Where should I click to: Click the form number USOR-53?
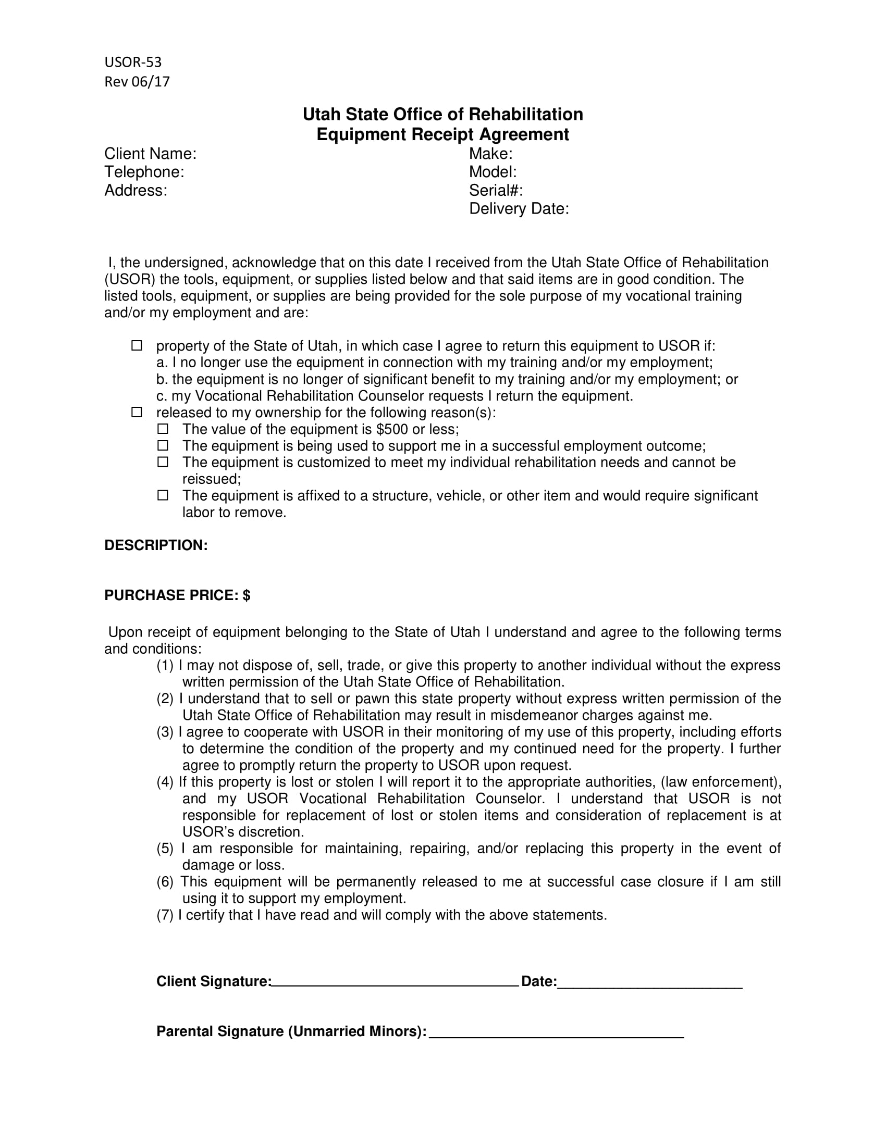coord(133,63)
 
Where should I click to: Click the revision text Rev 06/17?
coord(137,82)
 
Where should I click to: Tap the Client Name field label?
coord(150,154)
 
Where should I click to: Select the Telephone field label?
coord(144,172)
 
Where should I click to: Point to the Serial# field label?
coord(496,191)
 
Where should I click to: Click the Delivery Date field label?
coord(519,209)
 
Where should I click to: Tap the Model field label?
coord(493,172)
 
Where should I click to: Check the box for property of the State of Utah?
coord(137,345)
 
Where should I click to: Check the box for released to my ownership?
coord(137,412)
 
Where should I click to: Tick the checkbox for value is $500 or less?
coord(163,429)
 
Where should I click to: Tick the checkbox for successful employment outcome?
coord(163,445)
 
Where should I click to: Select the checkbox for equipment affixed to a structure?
coord(163,495)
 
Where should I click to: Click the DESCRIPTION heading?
coord(156,545)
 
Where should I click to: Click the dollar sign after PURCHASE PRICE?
coord(247,595)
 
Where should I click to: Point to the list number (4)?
coord(165,782)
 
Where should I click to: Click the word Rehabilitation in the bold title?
coord(525,115)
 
